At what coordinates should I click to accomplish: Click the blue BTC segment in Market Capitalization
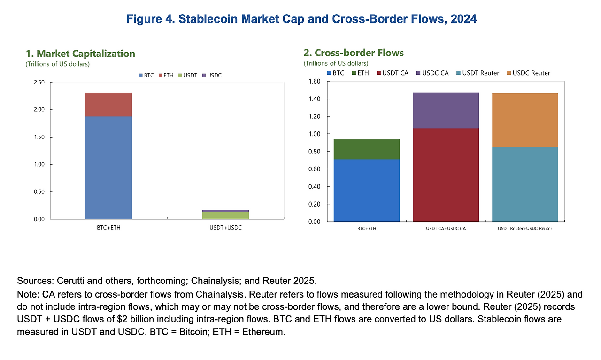click(x=108, y=167)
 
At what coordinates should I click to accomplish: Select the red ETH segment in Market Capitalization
click(x=108, y=104)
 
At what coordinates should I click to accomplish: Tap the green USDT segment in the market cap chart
click(x=225, y=215)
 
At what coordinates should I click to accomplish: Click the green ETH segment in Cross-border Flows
click(x=367, y=149)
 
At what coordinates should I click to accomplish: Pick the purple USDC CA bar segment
click(x=446, y=110)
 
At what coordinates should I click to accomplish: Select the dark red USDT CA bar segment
click(x=446, y=174)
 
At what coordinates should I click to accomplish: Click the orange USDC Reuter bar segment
click(x=524, y=120)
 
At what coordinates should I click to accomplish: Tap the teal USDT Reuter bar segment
click(x=524, y=184)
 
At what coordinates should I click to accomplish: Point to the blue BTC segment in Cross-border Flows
click(x=367, y=190)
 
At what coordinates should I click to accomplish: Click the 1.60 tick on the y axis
click(x=314, y=82)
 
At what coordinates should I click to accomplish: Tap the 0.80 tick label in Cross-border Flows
click(x=314, y=152)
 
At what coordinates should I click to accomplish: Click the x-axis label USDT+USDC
click(x=225, y=228)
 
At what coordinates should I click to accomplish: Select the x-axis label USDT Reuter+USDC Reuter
click(x=524, y=228)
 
